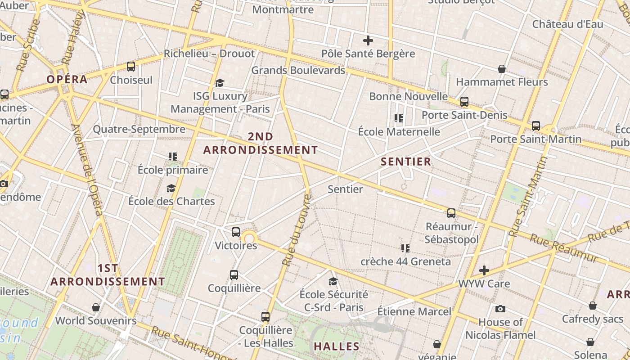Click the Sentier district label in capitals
406,162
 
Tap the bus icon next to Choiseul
131,67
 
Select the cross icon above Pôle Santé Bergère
368,40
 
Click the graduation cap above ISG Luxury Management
220,83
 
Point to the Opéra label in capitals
67,79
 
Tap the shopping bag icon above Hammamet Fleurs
502,69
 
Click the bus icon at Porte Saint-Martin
535,126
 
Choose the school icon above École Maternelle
399,118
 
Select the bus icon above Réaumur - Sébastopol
451,213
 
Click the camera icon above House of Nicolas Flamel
500,309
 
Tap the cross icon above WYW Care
484,270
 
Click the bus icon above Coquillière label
234,274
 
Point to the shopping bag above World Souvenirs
96,307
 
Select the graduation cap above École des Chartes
171,188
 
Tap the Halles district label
337,346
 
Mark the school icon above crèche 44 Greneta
405,248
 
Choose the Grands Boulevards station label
298,70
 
